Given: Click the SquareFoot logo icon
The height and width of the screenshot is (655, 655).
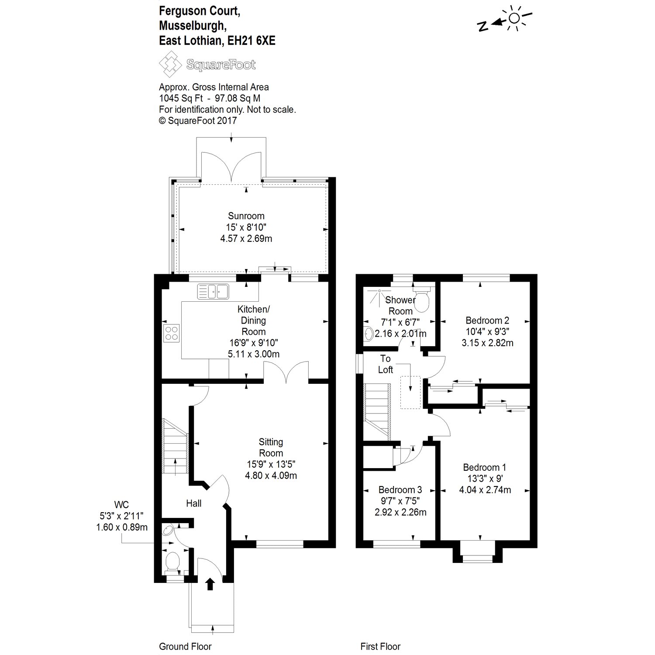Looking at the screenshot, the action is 170,64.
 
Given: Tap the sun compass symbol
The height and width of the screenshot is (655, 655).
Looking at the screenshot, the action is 514,18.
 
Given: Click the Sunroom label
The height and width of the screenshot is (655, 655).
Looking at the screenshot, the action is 246,216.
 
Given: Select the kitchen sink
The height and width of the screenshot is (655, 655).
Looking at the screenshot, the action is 213,291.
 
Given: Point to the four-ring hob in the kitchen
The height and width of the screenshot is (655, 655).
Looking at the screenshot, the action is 171,333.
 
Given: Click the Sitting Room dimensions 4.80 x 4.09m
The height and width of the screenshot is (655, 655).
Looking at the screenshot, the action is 271,476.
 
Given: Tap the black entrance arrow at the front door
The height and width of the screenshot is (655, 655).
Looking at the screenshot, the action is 210,584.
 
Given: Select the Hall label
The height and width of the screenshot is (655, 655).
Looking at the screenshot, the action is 193,503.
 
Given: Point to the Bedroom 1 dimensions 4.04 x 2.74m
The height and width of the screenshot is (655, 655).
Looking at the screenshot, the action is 485,490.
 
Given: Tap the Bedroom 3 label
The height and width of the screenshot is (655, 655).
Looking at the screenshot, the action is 400,490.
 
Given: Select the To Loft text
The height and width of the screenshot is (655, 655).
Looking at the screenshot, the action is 385,364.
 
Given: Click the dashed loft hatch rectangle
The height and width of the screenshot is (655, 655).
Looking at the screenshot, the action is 410,392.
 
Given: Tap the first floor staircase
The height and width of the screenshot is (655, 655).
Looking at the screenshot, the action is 377,410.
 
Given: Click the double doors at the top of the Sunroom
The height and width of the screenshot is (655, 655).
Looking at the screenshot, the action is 231,166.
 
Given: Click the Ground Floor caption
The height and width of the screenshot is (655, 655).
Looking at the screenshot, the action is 185,646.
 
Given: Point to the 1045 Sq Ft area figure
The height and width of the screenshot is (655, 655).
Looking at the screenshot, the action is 178,98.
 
